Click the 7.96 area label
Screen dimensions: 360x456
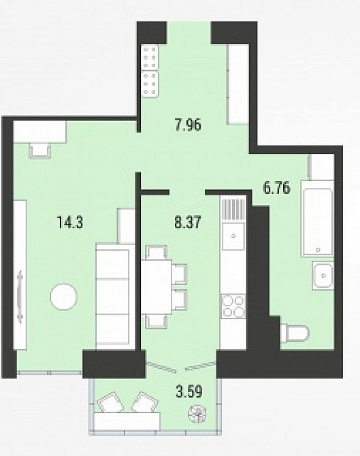click(188, 126)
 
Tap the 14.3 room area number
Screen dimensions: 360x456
click(71, 223)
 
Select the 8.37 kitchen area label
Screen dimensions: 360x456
click(188, 223)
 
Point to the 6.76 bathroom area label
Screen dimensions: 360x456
click(276, 188)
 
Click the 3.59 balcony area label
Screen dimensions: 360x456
click(189, 391)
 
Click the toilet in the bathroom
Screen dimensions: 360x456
click(294, 333)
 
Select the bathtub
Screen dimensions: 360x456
click(317, 218)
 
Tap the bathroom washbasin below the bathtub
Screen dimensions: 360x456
click(323, 276)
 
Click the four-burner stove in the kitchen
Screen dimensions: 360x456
click(233, 306)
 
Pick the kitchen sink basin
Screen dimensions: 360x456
click(233, 236)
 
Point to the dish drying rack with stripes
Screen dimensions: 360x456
click(233, 209)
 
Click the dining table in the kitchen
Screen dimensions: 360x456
click(156, 287)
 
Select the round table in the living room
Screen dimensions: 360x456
click(64, 297)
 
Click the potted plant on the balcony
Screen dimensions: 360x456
click(197, 414)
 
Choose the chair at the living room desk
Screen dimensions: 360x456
click(40, 150)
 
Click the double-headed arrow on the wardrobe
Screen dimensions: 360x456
click(20, 296)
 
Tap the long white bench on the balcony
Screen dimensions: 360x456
click(127, 421)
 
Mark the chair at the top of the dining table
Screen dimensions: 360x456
click(157, 252)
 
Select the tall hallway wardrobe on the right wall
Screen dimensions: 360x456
click(238, 84)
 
